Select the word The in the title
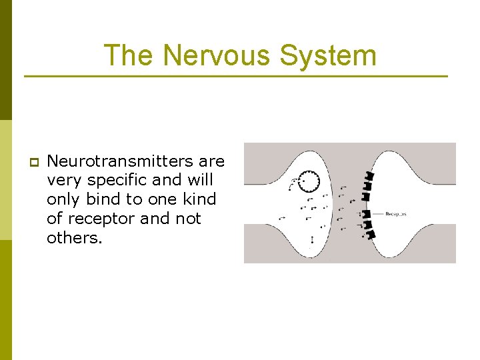129,55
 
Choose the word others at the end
75,238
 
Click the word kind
201,199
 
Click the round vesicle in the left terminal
309,180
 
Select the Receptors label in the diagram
396,214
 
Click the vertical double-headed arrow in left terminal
312,239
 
